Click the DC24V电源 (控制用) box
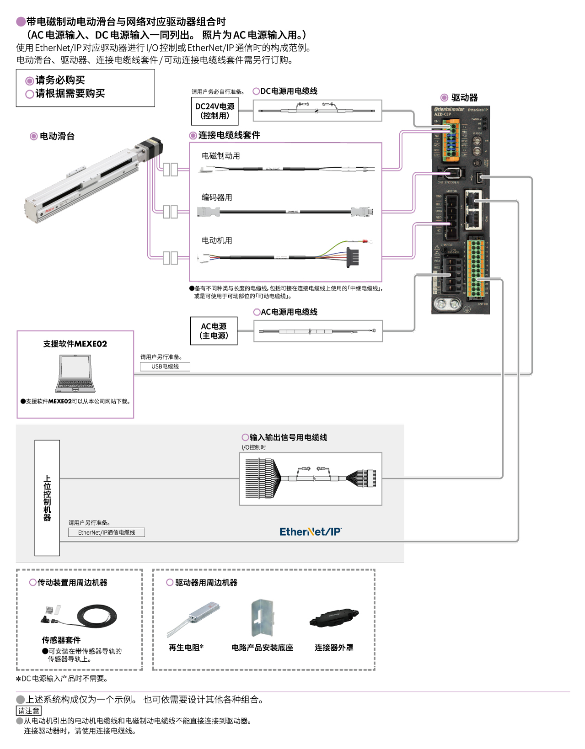coord(215,111)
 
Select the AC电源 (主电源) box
coord(214,331)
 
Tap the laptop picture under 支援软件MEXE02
coord(75,374)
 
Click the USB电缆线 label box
coord(165,367)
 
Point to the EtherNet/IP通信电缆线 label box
coord(106,532)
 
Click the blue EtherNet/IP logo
coord(310,531)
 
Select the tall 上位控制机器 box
coord(47,498)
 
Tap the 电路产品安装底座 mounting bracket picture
coord(262,617)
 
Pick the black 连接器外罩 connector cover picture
coord(334,618)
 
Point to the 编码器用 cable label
coord(217,197)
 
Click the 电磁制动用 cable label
coord(221,156)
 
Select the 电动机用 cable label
coord(217,240)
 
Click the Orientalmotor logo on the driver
coord(449,109)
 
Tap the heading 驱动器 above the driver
coord(464,98)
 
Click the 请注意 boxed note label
coord(29,711)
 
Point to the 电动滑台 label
coord(57,136)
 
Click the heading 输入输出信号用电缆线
coord(288,437)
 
